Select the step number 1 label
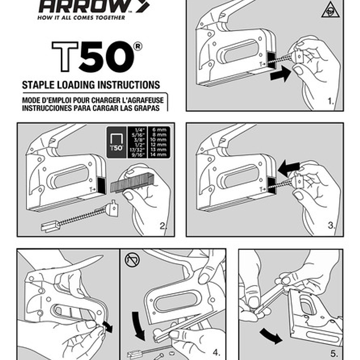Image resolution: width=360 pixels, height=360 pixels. pyautogui.click(x=330, y=101)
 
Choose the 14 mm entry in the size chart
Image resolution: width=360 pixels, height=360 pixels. pyautogui.click(x=159, y=154)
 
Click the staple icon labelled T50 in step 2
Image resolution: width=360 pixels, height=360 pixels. pyautogui.click(x=116, y=141)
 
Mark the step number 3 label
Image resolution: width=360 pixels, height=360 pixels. pyautogui.click(x=331, y=226)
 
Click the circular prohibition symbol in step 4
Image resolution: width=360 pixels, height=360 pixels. pyautogui.click(x=131, y=260)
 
